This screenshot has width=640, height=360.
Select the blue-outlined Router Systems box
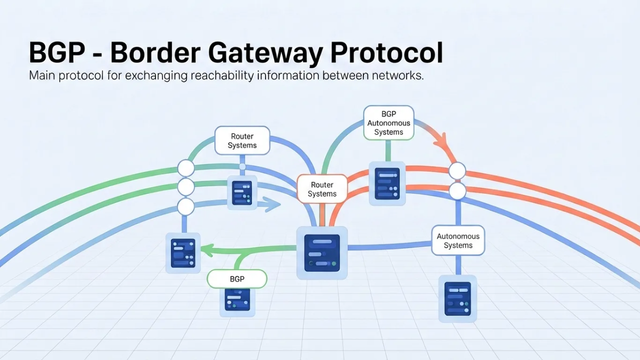[x=242, y=140]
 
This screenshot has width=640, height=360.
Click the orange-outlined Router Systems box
[x=322, y=189]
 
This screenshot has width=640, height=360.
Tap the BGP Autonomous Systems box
[x=388, y=122]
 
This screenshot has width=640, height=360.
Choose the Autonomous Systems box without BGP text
[x=458, y=240]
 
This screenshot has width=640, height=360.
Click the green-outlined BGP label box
[x=237, y=279]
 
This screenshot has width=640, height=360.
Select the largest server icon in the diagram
[x=322, y=252]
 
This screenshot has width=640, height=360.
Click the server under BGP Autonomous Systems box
[x=387, y=183]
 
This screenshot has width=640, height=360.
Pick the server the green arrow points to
[x=183, y=252]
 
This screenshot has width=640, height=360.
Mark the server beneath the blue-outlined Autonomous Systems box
[x=457, y=298]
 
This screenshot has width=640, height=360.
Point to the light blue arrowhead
[x=272, y=204]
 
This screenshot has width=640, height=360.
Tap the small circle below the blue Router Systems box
[x=242, y=166]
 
